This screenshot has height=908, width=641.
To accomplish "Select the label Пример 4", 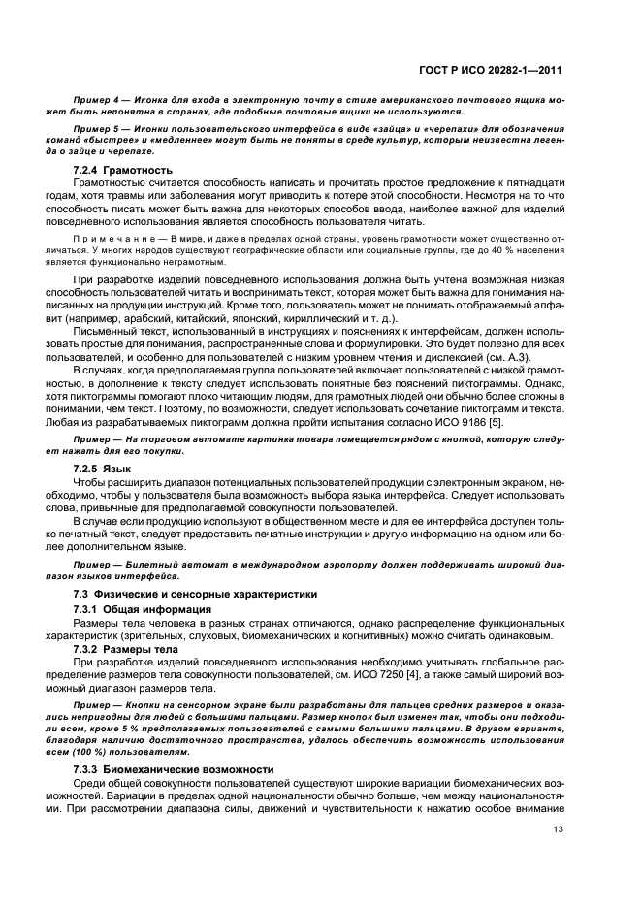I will point(96,101).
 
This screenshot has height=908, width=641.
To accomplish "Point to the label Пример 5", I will point(96,128).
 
